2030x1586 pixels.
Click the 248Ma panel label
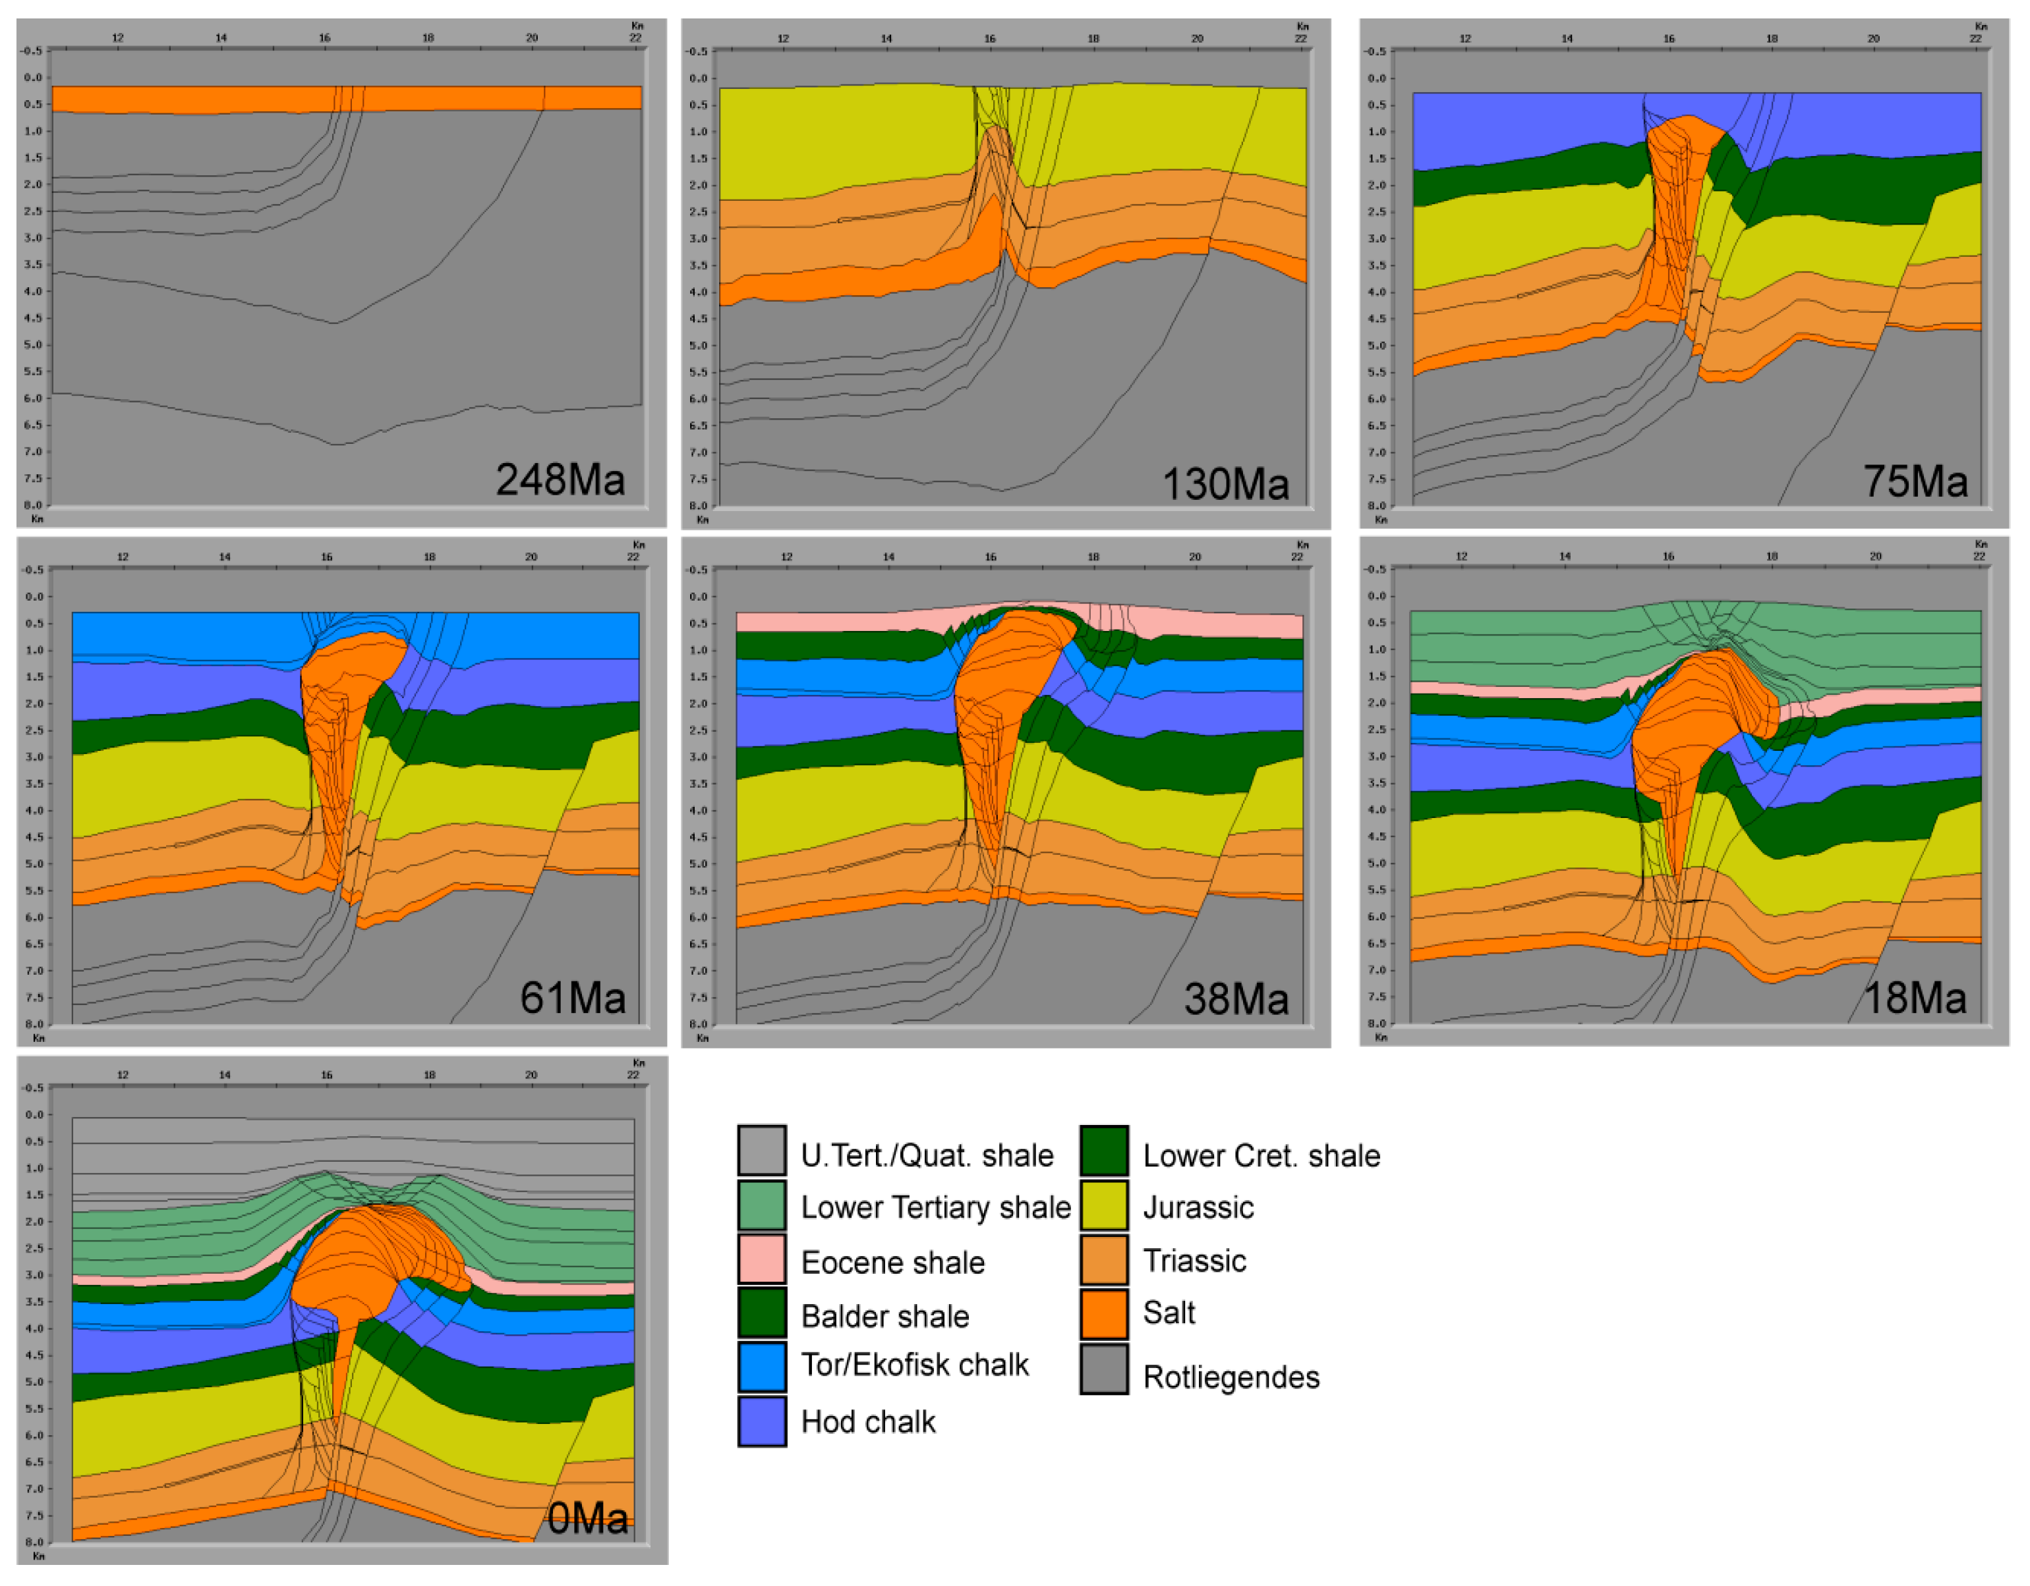coord(560,479)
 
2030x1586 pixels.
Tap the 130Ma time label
coord(1225,484)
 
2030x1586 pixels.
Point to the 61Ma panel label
coord(573,998)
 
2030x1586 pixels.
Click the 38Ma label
coord(1236,998)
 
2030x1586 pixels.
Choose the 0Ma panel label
coord(587,1518)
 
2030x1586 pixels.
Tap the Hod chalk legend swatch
coord(762,1421)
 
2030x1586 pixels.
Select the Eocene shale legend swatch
coord(762,1260)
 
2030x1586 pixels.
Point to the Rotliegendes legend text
coord(1231,1377)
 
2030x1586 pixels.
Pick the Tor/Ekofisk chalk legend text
coord(915,1365)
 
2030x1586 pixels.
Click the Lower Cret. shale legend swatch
coord(1104,1152)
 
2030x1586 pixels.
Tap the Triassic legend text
coord(1194,1261)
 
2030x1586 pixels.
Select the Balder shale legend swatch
coord(762,1313)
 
